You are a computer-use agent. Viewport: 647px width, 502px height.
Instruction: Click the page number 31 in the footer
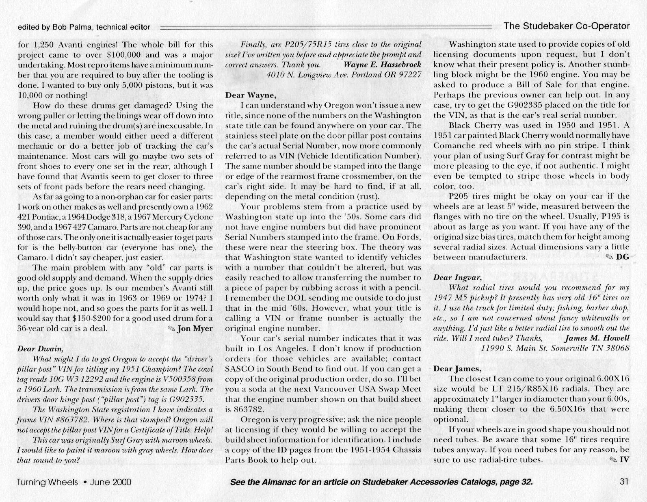click(x=625, y=482)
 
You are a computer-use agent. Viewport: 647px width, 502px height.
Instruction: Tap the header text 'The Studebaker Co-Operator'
click(x=567, y=26)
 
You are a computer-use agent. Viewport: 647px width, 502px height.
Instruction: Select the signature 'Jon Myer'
click(x=195, y=329)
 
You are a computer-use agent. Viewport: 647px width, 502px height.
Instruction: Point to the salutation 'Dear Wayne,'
click(x=251, y=95)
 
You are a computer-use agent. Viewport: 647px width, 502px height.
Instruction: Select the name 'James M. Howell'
click(x=597, y=338)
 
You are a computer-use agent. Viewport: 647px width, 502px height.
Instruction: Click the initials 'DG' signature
click(x=623, y=257)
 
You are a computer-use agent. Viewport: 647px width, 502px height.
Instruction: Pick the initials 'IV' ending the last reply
click(x=624, y=460)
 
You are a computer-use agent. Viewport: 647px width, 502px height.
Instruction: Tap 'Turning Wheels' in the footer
click(x=47, y=482)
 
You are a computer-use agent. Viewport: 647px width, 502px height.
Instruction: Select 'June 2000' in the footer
click(x=110, y=482)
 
